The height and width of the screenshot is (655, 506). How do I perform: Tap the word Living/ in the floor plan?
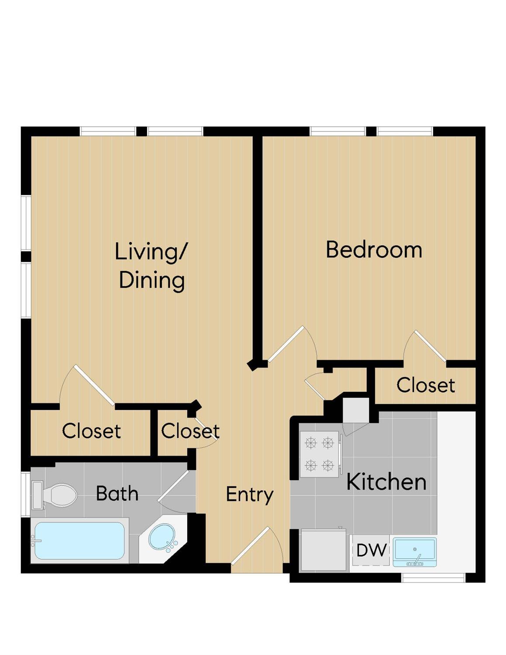click(x=151, y=252)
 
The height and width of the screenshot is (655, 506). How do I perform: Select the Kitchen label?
click(x=386, y=482)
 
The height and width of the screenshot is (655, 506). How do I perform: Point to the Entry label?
click(x=250, y=495)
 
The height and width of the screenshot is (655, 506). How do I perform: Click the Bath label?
click(x=117, y=493)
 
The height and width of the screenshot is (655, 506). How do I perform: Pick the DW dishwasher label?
click(x=372, y=550)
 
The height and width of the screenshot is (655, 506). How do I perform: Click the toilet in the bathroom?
click(x=54, y=495)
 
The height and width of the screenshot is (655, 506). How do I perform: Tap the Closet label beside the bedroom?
click(x=426, y=385)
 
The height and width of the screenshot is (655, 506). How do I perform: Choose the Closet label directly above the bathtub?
click(x=92, y=431)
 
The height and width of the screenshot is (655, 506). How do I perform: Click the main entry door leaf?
click(x=250, y=546)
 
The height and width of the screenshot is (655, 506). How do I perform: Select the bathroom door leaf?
click(x=173, y=485)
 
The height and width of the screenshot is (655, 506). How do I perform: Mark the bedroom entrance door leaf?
click(x=286, y=343)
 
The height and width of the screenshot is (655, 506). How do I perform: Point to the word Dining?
click(x=152, y=281)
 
